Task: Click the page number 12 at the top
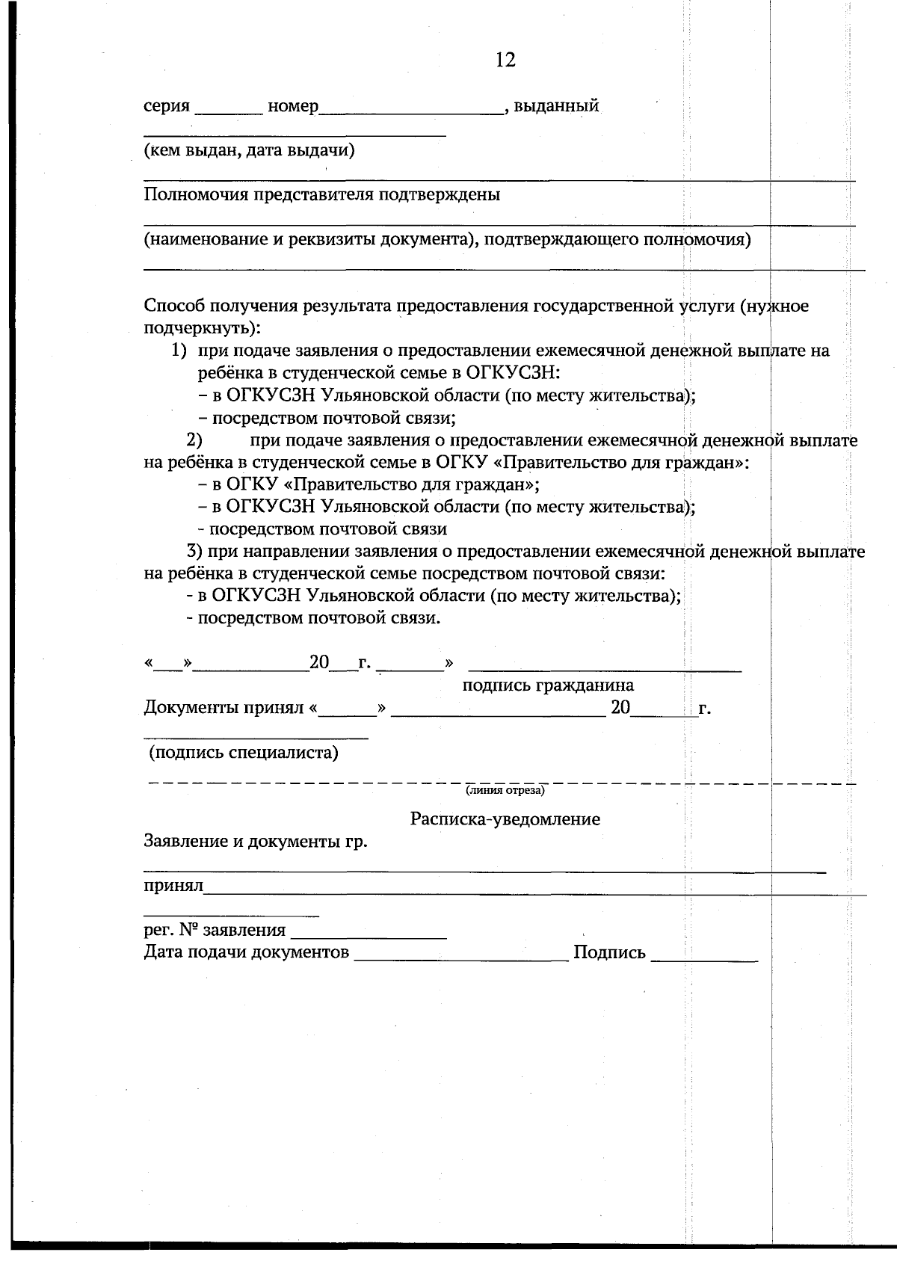(505, 60)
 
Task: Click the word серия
(167, 106)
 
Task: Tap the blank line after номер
(411, 111)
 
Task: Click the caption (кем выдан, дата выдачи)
(249, 151)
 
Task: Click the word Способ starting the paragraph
(174, 306)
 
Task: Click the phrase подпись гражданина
(548, 685)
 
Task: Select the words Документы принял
(223, 708)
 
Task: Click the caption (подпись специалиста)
(244, 752)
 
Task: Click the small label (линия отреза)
(505, 790)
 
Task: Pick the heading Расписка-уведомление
(505, 819)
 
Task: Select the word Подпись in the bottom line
(609, 952)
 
